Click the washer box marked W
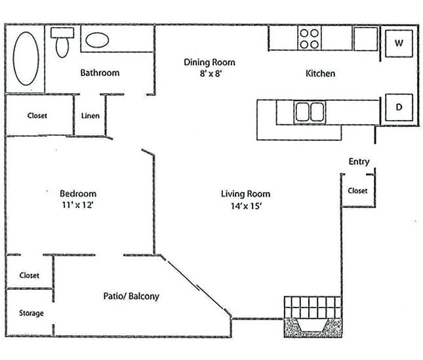click(398, 44)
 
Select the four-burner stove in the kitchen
click(310, 37)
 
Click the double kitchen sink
click(310, 111)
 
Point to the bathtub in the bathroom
click(26, 57)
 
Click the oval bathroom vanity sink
click(100, 41)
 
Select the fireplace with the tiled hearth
click(312, 317)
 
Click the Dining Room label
click(209, 63)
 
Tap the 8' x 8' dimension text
click(209, 75)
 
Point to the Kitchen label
click(320, 73)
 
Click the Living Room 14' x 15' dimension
click(245, 206)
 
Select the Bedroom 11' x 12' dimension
click(78, 206)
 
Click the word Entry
click(359, 162)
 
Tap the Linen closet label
click(91, 116)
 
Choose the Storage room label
click(31, 313)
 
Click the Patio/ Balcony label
click(131, 296)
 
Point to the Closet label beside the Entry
click(357, 191)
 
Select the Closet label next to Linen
click(37, 115)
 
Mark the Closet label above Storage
click(29, 275)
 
